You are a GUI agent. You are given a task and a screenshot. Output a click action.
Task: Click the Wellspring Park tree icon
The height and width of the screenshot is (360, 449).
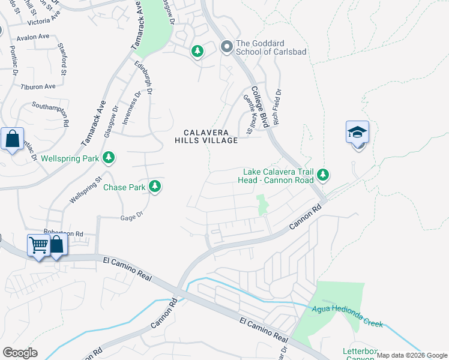pos(108,158)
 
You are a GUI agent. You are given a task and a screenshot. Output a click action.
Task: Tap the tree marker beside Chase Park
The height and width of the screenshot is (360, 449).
pos(155,187)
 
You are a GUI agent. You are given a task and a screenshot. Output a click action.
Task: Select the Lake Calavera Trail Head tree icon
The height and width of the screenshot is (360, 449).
pos(323,175)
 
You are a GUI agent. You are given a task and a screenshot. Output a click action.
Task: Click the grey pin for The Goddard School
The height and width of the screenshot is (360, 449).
pos(227,46)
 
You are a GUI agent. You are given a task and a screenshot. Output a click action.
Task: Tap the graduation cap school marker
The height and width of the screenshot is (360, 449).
pos(357,132)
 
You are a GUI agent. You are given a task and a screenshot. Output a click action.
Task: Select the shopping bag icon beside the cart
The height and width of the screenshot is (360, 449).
pos(56,245)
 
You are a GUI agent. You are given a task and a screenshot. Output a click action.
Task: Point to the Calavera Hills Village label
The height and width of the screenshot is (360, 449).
pos(206,136)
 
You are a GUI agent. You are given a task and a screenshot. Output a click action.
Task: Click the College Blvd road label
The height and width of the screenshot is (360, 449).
pos(259,107)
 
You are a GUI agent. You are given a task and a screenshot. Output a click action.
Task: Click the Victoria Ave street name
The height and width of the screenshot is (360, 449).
pos(43,22)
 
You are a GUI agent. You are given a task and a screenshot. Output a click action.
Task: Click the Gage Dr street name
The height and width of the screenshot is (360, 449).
pos(131,218)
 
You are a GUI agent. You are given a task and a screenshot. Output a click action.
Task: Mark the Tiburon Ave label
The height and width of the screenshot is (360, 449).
pos(37,87)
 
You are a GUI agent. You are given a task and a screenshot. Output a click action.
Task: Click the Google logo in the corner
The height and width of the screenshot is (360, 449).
pos(20,352)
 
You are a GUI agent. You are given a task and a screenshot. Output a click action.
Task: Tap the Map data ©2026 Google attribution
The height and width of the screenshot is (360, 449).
pos(411,355)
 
